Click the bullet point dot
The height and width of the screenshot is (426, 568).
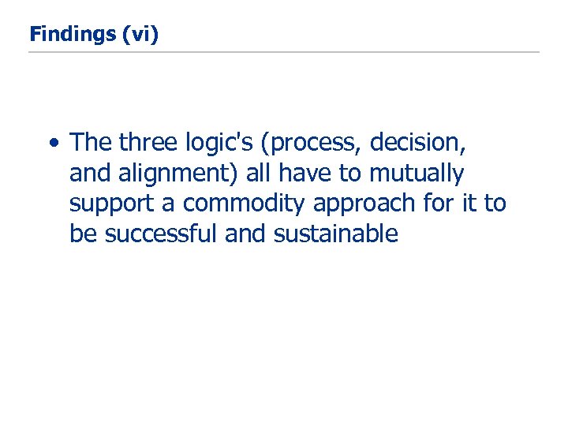pyautogui.click(x=52, y=144)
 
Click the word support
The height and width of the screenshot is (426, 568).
pyautogui.click(x=112, y=204)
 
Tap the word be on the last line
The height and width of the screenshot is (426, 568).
pyautogui.click(x=80, y=234)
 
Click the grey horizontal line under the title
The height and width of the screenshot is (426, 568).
pyautogui.click(x=284, y=52)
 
